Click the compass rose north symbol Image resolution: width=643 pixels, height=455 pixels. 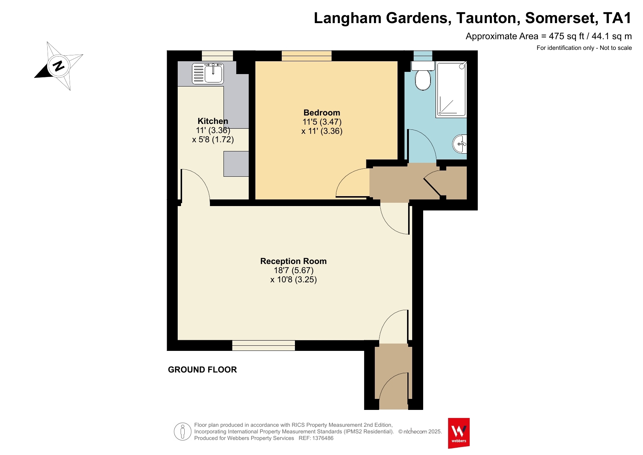(59, 66)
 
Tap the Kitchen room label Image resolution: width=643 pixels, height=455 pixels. (213, 121)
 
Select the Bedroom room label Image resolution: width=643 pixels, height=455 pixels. (322, 113)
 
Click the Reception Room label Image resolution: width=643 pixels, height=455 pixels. (293, 261)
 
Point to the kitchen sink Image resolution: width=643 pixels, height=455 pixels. (208, 73)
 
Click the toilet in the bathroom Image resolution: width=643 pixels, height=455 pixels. (423, 76)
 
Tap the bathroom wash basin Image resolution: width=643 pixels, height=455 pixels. (460, 144)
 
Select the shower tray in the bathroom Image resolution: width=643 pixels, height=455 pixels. (451, 89)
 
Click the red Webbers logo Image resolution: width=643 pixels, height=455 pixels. (459, 433)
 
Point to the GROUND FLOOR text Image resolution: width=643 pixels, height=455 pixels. (202, 370)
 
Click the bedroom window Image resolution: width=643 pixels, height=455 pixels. (307, 56)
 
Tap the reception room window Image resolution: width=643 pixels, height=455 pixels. (263, 345)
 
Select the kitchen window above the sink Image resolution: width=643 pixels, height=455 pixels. (217, 56)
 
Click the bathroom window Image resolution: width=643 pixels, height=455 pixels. (423, 56)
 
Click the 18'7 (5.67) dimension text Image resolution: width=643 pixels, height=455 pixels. (293, 270)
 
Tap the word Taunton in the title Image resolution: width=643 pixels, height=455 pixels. (486, 18)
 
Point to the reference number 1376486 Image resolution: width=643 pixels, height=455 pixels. (323, 438)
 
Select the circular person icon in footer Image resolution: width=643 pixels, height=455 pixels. (182, 432)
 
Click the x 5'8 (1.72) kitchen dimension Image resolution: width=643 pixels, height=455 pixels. (213, 139)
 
